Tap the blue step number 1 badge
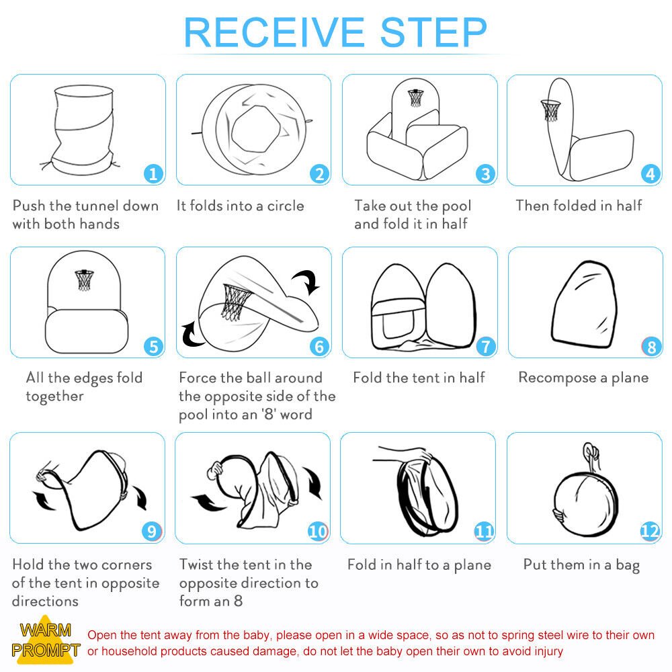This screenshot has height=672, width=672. [153, 174]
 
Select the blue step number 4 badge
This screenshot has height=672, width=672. [650, 174]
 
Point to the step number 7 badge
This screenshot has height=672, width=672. [486, 346]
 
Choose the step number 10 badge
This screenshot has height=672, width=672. [318, 532]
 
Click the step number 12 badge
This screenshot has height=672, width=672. [650, 532]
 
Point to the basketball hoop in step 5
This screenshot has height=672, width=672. [85, 280]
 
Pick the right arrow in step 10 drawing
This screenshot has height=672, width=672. [313, 482]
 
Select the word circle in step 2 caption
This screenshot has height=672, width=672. [286, 206]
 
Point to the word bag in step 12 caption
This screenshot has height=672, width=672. [628, 565]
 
